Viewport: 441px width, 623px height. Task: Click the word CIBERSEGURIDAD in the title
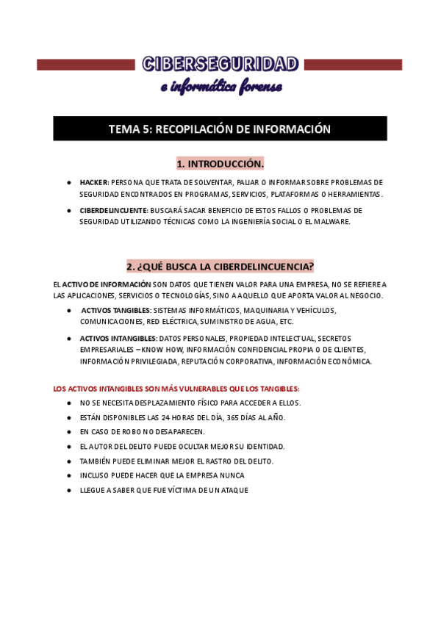coord(220,65)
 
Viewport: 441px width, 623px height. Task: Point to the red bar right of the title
coord(353,65)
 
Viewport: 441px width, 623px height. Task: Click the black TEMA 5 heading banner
coord(220,129)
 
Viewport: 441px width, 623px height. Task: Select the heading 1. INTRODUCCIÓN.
coord(220,163)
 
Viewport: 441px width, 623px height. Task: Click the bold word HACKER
coord(94,182)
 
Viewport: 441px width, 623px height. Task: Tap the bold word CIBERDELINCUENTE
coord(113,211)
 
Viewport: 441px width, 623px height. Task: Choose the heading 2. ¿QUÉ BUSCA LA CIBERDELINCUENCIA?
coord(220,265)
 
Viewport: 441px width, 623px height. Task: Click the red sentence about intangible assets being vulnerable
coord(176,389)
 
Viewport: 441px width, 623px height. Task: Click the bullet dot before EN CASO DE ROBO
coord(68,432)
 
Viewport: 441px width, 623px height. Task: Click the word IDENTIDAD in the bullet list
coord(265,446)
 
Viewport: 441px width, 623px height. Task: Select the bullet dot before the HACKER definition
coord(68,182)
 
